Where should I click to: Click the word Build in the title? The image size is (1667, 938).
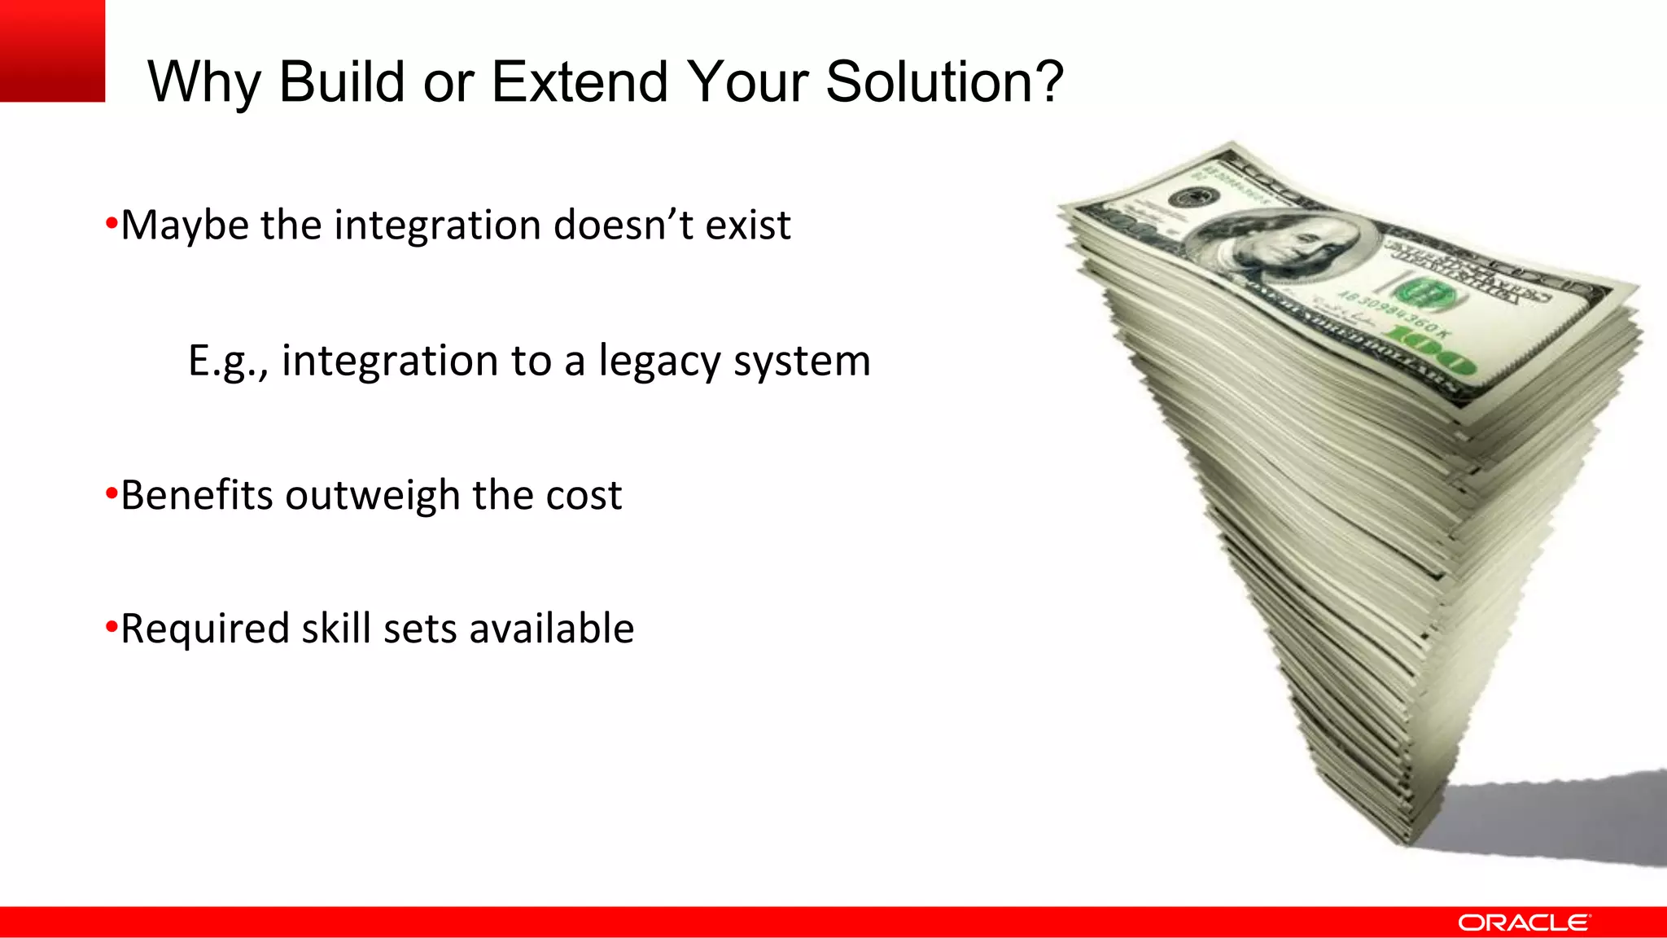tap(342, 81)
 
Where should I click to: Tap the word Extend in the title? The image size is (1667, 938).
tap(580, 81)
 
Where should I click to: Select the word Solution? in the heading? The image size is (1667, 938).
tap(944, 81)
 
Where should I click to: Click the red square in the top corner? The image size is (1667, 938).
tap(52, 50)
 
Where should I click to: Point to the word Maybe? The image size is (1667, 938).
tap(185, 226)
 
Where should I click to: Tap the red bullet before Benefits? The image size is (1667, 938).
tap(112, 493)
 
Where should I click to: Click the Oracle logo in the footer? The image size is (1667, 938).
tap(1523, 923)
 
